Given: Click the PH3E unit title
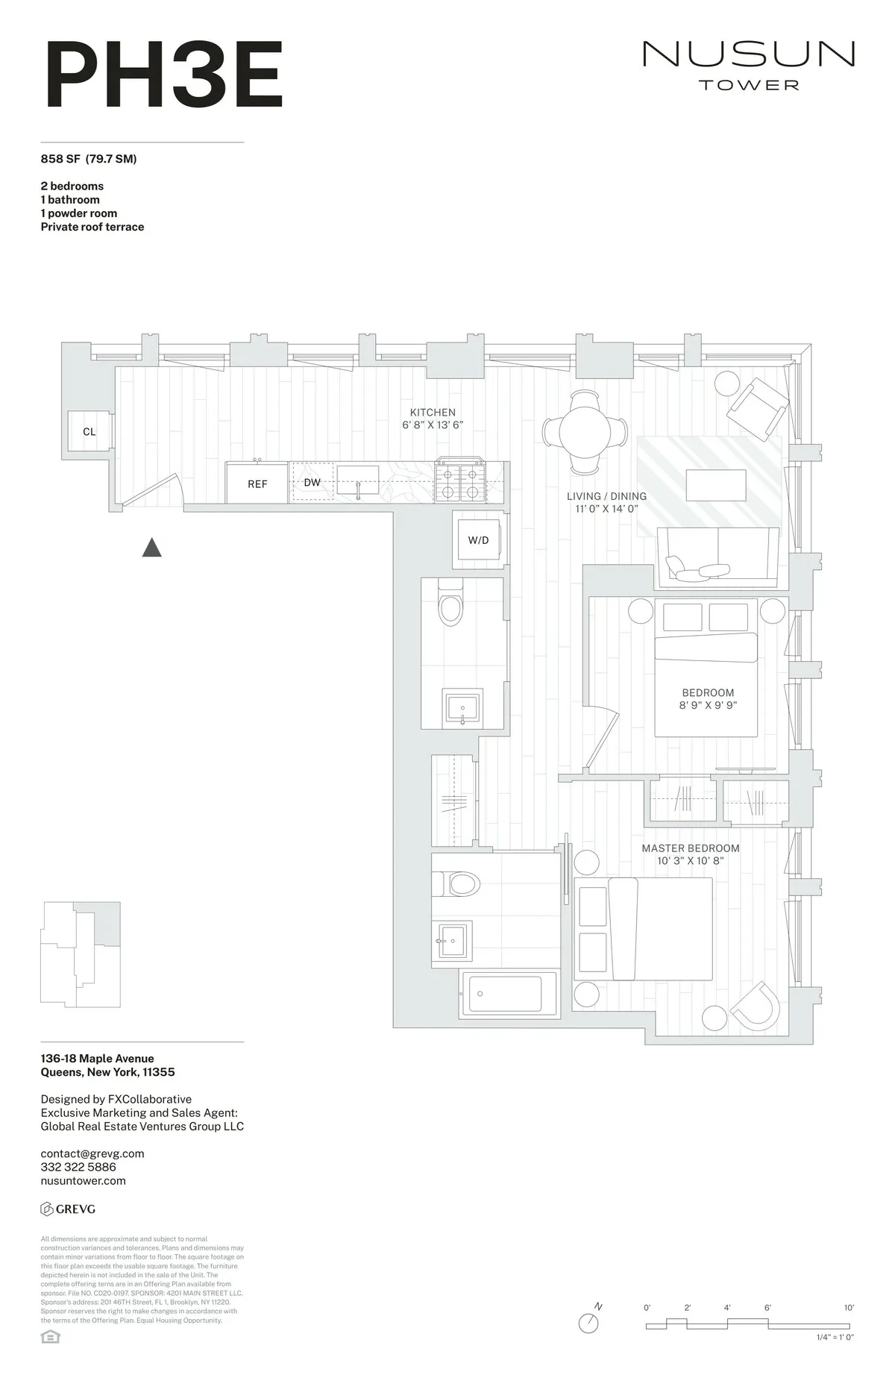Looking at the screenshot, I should click(x=164, y=75).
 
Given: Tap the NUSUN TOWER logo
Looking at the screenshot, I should click(x=748, y=65).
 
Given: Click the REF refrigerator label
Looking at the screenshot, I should click(x=257, y=484).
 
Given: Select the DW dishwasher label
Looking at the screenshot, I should click(x=312, y=483).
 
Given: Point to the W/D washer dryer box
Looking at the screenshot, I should click(x=478, y=540).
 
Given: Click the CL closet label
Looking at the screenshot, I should click(x=89, y=431).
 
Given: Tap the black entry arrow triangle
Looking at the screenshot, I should click(x=152, y=548).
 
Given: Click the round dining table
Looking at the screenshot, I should click(x=585, y=432).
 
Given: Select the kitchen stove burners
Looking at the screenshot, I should click(x=460, y=482).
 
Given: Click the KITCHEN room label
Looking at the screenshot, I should click(x=433, y=413).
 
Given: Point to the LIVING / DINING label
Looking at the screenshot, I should click(x=606, y=496).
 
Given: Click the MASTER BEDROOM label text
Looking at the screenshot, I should click(x=691, y=848).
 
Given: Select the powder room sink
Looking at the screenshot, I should click(x=463, y=707).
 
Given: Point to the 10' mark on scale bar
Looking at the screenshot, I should click(x=849, y=1308).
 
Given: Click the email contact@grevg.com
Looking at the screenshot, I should click(x=92, y=1153).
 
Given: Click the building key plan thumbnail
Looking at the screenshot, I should click(x=81, y=954).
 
